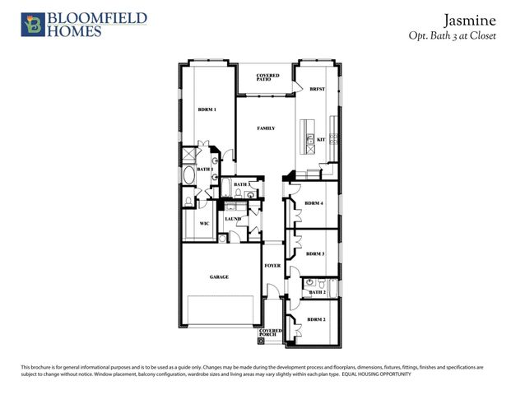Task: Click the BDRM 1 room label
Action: coord(207,109)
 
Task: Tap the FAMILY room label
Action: coord(266,128)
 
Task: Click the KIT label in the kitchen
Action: coord(321,140)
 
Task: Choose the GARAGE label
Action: coord(218,277)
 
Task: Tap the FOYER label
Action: coord(272,266)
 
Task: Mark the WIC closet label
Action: coord(205,222)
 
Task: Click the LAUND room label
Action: coord(233,219)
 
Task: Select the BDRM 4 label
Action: coord(314,202)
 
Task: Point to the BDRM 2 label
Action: coord(317,319)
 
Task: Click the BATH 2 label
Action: coord(318,292)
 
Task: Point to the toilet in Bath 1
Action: coord(188,201)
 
